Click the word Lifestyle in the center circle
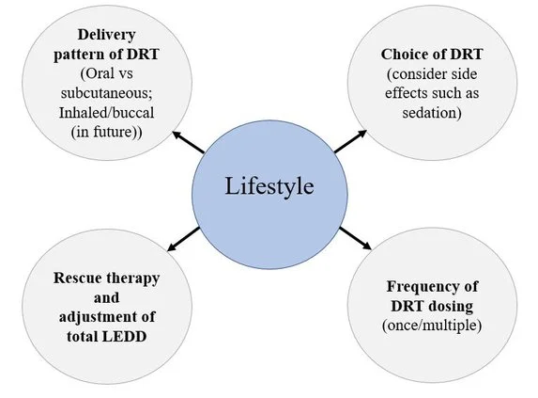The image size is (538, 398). click(x=269, y=186)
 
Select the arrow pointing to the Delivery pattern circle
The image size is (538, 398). click(x=189, y=142)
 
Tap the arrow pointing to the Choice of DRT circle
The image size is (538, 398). click(x=350, y=141)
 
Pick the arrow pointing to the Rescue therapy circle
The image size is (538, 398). click(x=184, y=239)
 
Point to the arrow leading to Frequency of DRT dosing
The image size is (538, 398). click(x=356, y=238)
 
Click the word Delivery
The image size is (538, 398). click(x=107, y=35)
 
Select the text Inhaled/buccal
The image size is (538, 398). click(x=106, y=113)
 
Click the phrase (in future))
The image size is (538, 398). click(x=106, y=133)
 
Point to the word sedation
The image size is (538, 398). click(x=432, y=113)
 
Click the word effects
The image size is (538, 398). click(x=407, y=93)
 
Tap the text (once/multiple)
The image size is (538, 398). click(x=432, y=326)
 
